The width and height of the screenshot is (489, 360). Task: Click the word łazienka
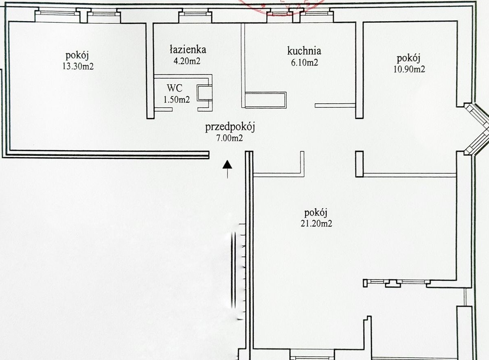(188, 49)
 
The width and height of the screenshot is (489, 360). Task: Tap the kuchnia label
(304, 51)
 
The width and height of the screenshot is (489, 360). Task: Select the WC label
(175, 88)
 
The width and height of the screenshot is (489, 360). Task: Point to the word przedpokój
(230, 127)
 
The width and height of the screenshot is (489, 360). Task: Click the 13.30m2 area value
(78, 66)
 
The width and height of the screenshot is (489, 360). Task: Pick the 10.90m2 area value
(409, 69)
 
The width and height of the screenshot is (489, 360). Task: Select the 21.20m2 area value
(316, 223)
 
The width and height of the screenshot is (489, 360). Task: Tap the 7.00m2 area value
(230, 138)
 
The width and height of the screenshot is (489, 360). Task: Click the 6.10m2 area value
(305, 63)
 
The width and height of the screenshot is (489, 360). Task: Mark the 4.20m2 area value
(187, 61)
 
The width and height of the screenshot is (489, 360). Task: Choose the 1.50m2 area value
(177, 100)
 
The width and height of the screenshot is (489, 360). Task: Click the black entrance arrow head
(228, 164)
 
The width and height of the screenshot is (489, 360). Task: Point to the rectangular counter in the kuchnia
(265, 100)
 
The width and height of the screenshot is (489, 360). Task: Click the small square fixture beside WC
(204, 93)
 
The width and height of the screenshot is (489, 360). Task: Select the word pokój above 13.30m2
(77, 56)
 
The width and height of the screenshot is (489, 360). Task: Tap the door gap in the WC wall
(185, 109)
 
